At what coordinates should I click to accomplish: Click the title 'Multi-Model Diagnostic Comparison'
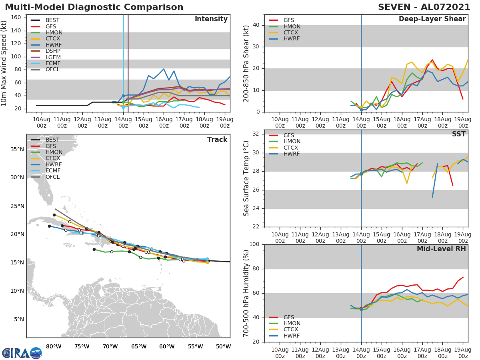click(94, 7)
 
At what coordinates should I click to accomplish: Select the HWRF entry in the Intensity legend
click(54, 45)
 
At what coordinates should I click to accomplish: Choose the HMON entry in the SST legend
click(292, 142)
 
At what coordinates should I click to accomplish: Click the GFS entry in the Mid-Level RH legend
click(289, 317)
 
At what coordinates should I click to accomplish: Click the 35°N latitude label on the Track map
click(17, 150)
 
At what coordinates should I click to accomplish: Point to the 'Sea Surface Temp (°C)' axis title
click(246, 178)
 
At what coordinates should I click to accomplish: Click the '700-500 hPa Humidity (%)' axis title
click(246, 293)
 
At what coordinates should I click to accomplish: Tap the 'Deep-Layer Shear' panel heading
click(432, 19)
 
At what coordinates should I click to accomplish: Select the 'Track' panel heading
click(217, 140)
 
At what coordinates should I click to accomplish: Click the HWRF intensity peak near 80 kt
click(164, 69)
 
